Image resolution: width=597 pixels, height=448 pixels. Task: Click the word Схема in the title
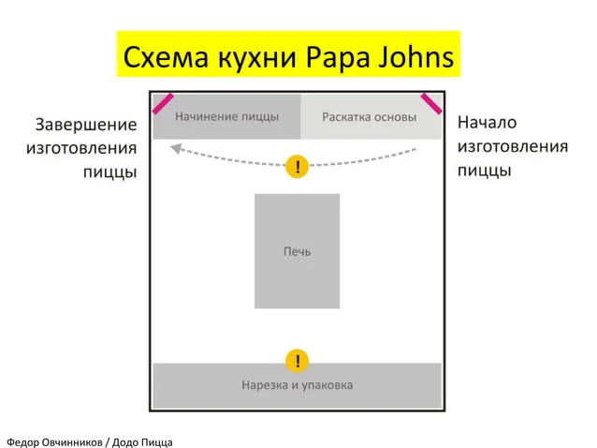[x=166, y=57]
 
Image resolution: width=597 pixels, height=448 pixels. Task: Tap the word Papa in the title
[x=338, y=58]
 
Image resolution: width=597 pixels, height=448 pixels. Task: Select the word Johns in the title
[x=415, y=56]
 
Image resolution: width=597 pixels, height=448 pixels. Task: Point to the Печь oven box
[x=297, y=251]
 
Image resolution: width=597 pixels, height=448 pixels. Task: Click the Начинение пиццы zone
[x=227, y=116]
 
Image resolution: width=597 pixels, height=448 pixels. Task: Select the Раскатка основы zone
[x=371, y=116]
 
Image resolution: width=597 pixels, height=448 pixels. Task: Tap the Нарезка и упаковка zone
[x=297, y=385]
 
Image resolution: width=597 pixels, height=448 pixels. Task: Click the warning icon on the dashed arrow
[x=297, y=167]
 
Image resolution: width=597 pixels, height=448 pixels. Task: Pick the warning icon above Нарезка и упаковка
[x=297, y=361]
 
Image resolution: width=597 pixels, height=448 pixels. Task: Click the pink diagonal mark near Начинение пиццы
[x=163, y=104]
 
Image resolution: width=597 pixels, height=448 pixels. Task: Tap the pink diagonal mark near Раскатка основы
[x=431, y=104]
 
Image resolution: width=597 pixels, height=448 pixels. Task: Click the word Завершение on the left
[x=86, y=125]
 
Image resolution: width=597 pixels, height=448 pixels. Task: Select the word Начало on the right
[x=487, y=123]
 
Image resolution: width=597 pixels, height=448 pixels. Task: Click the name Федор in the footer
[x=22, y=442]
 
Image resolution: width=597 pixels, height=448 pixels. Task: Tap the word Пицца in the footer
[x=156, y=442]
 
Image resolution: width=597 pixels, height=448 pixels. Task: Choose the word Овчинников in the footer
[x=72, y=442]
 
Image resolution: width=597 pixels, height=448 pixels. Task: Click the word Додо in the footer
[x=124, y=442]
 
